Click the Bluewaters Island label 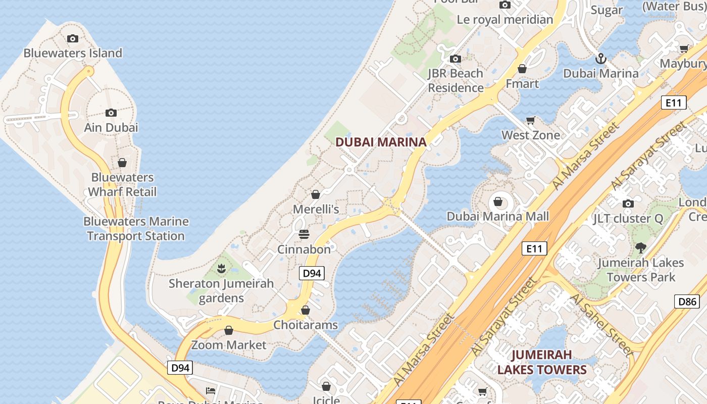pyautogui.click(x=73, y=53)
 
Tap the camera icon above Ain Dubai pyautogui.click(x=111, y=113)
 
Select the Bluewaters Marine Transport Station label pyautogui.click(x=136, y=229)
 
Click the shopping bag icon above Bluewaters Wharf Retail pyautogui.click(x=122, y=163)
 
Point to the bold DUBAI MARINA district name pyautogui.click(x=381, y=142)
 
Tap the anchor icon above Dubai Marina pyautogui.click(x=600, y=59)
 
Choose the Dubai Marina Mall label pyautogui.click(x=497, y=217)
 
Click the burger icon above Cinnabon pyautogui.click(x=304, y=234)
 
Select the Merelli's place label pyautogui.click(x=316, y=209)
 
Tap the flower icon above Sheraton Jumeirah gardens pyautogui.click(x=221, y=269)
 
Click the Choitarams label pyautogui.click(x=306, y=325)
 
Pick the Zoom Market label pyautogui.click(x=229, y=345)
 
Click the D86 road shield pyautogui.click(x=687, y=302)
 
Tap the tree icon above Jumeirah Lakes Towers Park pyautogui.click(x=641, y=247)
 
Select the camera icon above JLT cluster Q pyautogui.click(x=628, y=204)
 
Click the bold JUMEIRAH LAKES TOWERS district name pyautogui.click(x=542, y=362)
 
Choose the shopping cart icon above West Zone pyautogui.click(x=531, y=120)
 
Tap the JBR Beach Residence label pyautogui.click(x=456, y=81)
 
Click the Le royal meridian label pyautogui.click(x=504, y=20)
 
